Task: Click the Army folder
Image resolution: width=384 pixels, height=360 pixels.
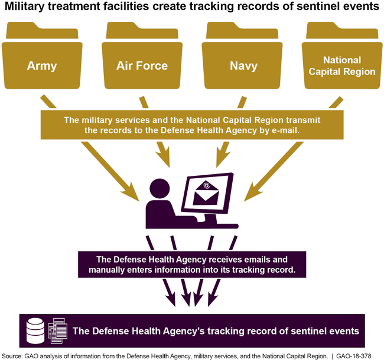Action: tap(42, 62)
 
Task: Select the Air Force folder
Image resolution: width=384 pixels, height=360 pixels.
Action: tap(142, 62)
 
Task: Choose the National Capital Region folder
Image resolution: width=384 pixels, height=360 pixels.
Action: tap(341, 62)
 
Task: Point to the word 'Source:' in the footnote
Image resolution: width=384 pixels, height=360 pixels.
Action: tap(14, 355)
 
